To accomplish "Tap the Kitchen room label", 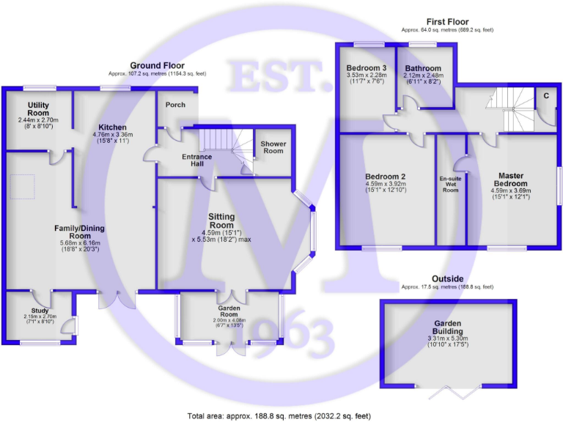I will [109, 127].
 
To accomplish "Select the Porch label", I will [176, 104].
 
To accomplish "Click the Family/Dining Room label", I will [78, 232].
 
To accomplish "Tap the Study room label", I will [40, 311].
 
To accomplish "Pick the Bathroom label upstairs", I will [423, 69].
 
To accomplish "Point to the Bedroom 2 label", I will [386, 177].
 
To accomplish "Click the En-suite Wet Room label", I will [450, 185].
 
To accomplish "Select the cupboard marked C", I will [546, 96].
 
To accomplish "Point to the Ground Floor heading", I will [157, 65].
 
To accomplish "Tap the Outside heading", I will [447, 278].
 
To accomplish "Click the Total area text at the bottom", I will [282, 415].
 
